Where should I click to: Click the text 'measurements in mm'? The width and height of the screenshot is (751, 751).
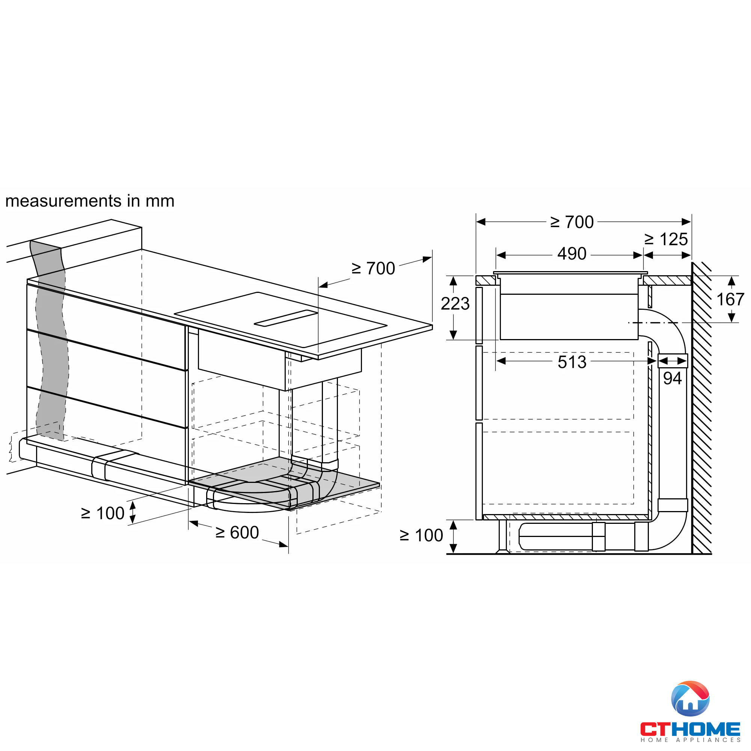coord(90,201)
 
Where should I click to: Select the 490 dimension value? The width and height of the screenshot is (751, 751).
coord(572,254)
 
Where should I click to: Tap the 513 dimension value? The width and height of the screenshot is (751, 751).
coord(572,362)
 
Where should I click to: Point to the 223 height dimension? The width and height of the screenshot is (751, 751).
coord(455,303)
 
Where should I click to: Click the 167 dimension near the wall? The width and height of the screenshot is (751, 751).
coord(730,300)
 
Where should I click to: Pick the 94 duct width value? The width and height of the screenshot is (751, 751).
coord(673,378)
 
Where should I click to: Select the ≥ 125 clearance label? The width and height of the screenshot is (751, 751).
coord(666,239)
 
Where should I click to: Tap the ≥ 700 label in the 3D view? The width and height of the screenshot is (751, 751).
coord(374,268)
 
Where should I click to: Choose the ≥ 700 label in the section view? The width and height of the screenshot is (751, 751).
coord(572,222)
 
